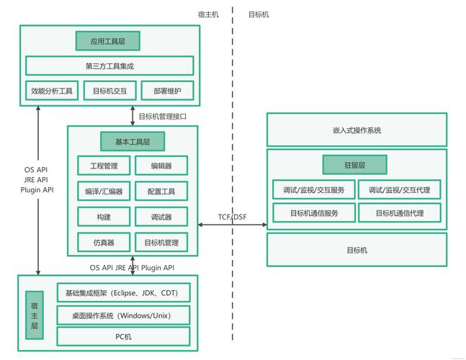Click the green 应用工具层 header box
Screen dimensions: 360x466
click(107, 41)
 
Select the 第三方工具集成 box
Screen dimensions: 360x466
click(109, 66)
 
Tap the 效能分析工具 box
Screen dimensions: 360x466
click(52, 91)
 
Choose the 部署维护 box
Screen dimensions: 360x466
click(167, 91)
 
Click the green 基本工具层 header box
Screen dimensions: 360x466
click(133, 140)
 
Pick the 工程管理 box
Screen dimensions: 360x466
click(104, 166)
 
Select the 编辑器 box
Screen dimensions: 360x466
click(161, 166)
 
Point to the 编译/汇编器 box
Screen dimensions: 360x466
click(104, 192)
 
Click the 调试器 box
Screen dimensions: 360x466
click(161, 217)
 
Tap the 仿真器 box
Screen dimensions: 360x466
click(104, 243)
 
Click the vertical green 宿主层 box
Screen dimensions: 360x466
click(35, 315)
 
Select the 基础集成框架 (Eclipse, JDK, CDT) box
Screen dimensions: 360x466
click(122, 293)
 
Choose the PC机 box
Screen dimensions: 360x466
click(122, 337)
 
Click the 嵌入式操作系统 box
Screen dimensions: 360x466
click(357, 130)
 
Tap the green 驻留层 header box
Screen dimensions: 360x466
click(354, 165)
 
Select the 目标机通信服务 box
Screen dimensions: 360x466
click(313, 213)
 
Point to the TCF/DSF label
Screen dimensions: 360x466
click(233, 217)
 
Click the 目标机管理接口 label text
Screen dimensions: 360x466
click(163, 116)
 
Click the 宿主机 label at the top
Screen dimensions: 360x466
click(208, 14)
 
